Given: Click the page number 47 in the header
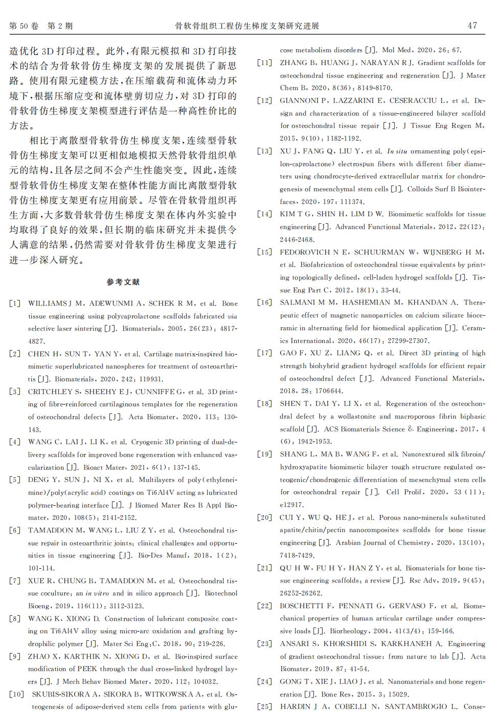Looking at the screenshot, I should tap(472, 26).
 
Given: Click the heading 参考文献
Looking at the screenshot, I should tap(123, 282).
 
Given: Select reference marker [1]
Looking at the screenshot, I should tap(15, 304).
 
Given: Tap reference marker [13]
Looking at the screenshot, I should tap(264, 151).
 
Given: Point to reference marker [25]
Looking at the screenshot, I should tap(264, 707).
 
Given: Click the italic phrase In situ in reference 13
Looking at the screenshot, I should tap(397, 151).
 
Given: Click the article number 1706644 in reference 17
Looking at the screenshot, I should tap(327, 391).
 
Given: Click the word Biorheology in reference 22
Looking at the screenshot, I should tap(349, 631).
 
